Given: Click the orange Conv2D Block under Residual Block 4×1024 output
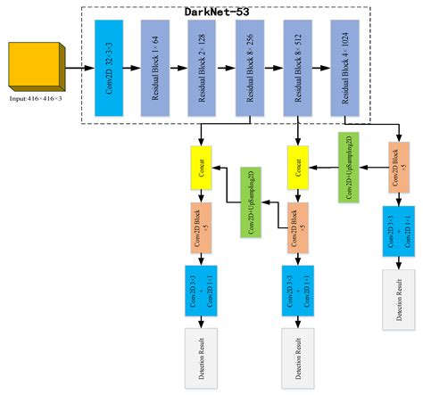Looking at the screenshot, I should (395, 168).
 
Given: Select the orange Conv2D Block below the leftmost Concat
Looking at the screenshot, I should (202, 224).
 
